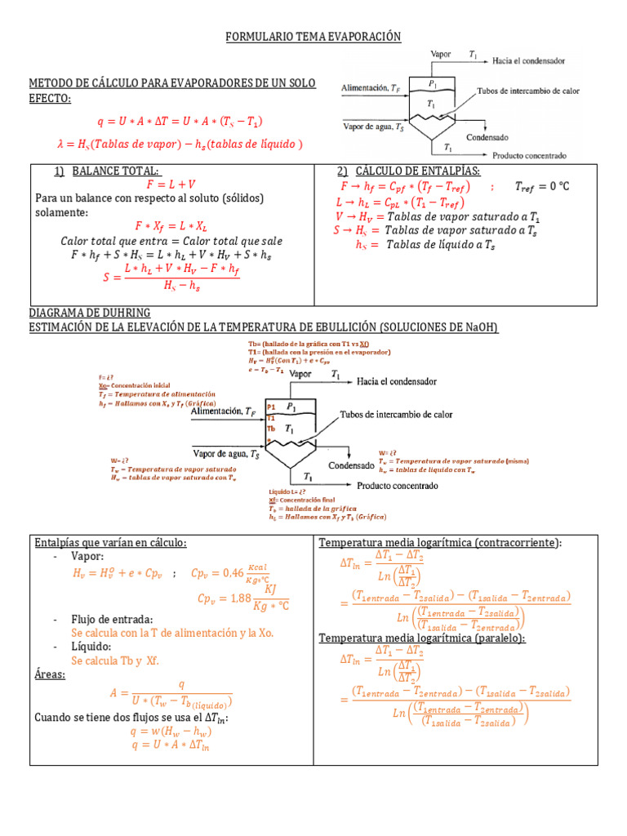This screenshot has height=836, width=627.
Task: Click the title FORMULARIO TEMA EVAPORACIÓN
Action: pos(313,37)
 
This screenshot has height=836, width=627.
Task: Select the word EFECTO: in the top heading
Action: pos(50,99)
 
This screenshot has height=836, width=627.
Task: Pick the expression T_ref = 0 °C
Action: pos(542,186)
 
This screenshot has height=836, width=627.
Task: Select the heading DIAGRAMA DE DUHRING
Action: pos(90,313)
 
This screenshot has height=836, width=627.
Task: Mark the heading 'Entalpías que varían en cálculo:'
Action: pos(110,543)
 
